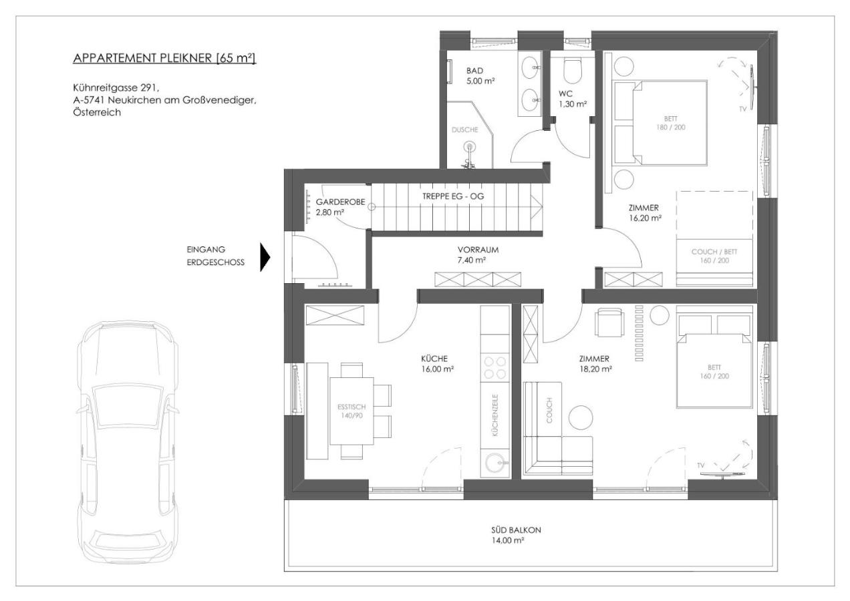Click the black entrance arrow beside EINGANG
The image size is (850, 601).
[265, 256]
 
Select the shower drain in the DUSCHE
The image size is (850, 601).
[470, 146]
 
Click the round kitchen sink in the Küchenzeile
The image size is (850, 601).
[495, 462]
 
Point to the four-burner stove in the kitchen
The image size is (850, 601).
[495, 368]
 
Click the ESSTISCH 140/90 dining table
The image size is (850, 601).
[351, 410]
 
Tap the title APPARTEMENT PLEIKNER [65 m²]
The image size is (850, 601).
[164, 59]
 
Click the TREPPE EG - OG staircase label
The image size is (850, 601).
[452, 197]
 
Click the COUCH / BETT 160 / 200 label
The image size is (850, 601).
[714, 256]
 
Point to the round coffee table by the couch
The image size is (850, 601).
[581, 418]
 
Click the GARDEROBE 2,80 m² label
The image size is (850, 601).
[332, 206]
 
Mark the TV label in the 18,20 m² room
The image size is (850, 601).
[700, 465]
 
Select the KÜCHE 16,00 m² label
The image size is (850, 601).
[439, 363]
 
